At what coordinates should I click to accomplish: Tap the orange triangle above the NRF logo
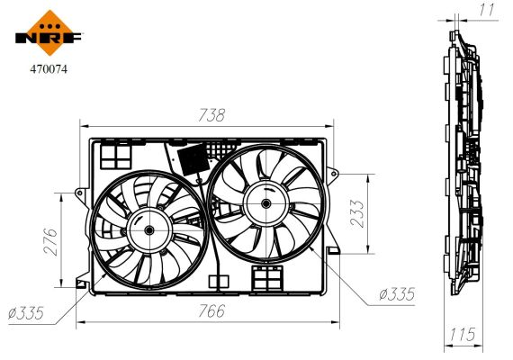49,19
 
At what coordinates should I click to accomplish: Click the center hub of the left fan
147,229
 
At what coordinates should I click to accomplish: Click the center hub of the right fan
267,204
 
